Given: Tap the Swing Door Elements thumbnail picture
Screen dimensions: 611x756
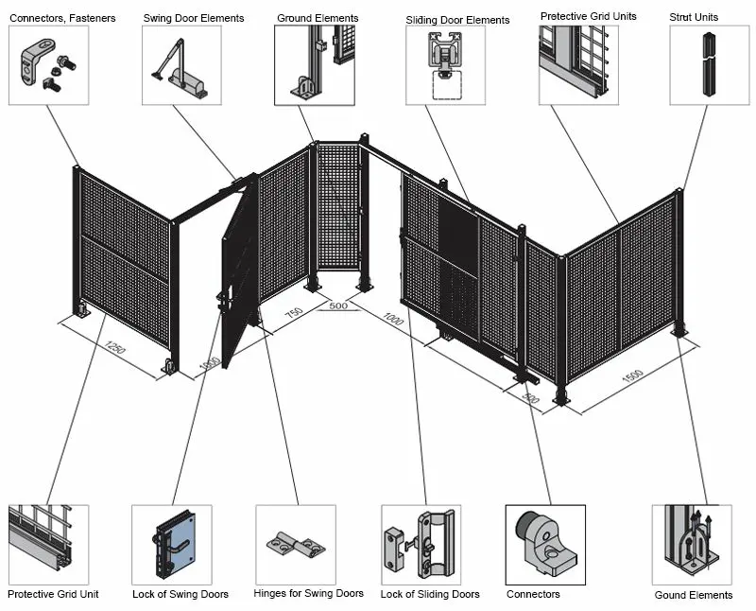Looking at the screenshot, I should point(181,65).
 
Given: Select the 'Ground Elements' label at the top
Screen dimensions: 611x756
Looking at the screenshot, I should point(318,18).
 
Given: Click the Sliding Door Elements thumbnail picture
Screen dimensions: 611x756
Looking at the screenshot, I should point(445,65).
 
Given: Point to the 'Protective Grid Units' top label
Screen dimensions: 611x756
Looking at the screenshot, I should point(588,16).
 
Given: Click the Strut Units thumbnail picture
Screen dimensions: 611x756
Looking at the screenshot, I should point(709,65).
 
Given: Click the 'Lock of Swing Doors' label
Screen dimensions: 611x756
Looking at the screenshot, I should point(180,594).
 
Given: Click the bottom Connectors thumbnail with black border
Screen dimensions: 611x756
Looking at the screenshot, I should point(545,545).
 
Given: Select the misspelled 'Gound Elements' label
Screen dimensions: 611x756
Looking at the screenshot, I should point(693,595).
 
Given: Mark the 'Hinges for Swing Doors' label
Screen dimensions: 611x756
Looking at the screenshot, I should point(308,594).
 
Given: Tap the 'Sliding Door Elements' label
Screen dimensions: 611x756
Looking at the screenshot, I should point(457,20).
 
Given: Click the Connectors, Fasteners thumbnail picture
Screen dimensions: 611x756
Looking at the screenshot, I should point(48,65).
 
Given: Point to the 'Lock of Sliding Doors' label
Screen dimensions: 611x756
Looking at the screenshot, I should point(429,594).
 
